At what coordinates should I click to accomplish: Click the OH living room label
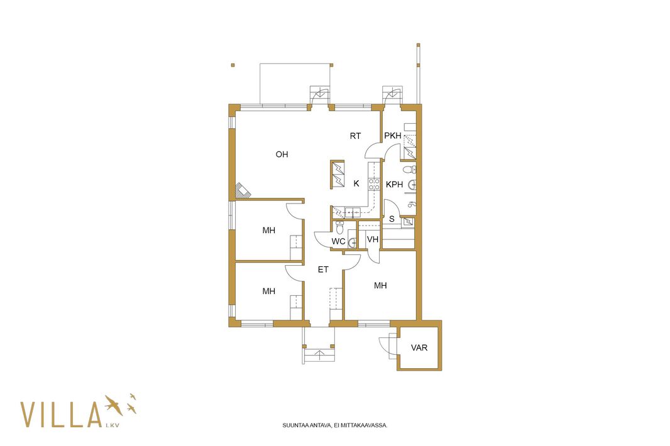click(x=282, y=155)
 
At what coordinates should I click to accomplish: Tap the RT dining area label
click(x=356, y=136)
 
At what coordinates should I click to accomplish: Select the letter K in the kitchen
click(x=356, y=183)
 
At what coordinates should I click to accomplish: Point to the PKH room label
click(x=393, y=136)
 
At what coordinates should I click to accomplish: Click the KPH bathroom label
click(x=394, y=185)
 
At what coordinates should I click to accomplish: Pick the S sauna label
click(x=392, y=219)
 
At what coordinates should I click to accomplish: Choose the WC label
click(x=338, y=241)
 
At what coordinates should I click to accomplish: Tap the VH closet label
click(x=373, y=239)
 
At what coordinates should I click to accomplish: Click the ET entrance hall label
click(x=323, y=269)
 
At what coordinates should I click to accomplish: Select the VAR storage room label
click(x=419, y=348)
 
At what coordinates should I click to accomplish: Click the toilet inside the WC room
click(x=339, y=227)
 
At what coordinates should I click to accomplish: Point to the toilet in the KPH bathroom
click(x=409, y=170)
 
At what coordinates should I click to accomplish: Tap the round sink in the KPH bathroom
click(x=412, y=185)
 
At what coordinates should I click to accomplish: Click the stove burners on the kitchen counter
click(x=375, y=184)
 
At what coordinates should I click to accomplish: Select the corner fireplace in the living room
click(x=243, y=190)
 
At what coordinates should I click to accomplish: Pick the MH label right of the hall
click(x=380, y=285)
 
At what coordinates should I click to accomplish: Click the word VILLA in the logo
click(x=61, y=415)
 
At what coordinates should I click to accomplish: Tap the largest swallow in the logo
click(x=114, y=405)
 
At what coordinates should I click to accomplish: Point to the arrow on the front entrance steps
click(x=319, y=353)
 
